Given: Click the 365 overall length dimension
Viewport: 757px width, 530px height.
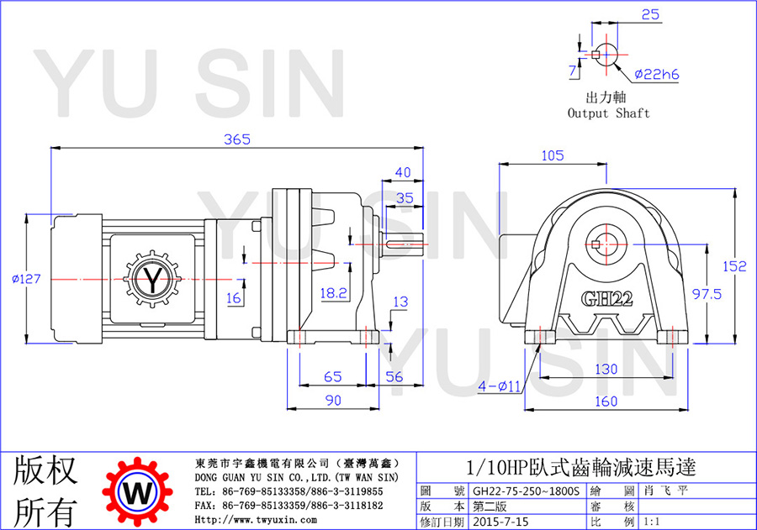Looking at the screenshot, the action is pyautogui.click(x=237, y=139).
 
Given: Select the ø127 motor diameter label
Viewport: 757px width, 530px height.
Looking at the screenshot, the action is pyautogui.click(x=27, y=279).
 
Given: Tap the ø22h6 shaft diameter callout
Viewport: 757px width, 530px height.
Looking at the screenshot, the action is pyautogui.click(x=657, y=74).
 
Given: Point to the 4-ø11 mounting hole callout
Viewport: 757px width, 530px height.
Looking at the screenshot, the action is pyautogui.click(x=499, y=386).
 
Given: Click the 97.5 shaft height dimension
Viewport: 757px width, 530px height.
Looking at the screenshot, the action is pyautogui.click(x=707, y=294).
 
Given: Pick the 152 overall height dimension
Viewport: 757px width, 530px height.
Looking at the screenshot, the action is pyautogui.click(x=734, y=266).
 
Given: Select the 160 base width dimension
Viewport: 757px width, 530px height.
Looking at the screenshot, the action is pyautogui.click(x=606, y=401).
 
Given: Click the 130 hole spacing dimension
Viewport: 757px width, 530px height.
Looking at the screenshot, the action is pyautogui.click(x=606, y=369).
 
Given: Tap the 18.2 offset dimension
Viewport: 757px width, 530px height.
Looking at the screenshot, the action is pyautogui.click(x=334, y=293).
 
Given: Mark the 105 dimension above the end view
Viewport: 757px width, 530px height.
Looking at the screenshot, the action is pyautogui.click(x=553, y=155).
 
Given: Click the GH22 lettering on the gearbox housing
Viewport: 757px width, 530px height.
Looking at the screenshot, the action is pyautogui.click(x=606, y=299).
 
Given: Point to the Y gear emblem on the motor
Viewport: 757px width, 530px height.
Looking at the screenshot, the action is pyautogui.click(x=153, y=279).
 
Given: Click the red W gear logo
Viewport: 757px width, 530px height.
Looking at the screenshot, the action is pyautogui.click(x=138, y=492).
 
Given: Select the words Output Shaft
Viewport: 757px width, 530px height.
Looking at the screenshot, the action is pyautogui.click(x=608, y=113).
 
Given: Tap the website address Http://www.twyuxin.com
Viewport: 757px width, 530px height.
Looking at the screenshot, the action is pyautogui.click(x=256, y=520).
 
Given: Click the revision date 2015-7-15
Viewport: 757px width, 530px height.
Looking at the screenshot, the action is pyautogui.click(x=500, y=522).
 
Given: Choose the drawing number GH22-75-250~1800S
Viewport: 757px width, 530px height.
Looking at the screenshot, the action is pyautogui.click(x=526, y=491).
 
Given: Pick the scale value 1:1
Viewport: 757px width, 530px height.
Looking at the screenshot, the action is pyautogui.click(x=651, y=522).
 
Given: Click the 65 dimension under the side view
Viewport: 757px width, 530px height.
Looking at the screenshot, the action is pyautogui.click(x=332, y=376).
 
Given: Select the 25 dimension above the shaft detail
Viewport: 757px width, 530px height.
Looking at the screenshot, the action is pyautogui.click(x=650, y=15).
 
